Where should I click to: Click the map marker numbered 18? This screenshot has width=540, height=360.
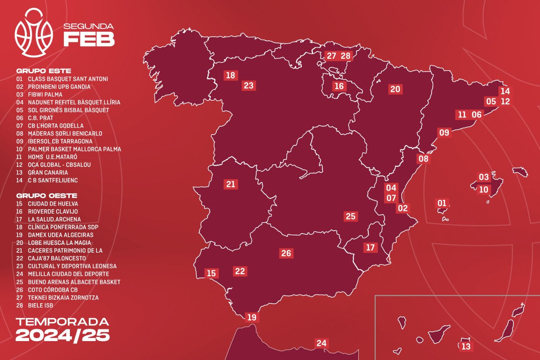click(231, 75)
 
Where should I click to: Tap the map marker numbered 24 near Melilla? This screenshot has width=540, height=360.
click(321, 343)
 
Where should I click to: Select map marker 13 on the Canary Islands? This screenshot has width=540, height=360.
click(466, 346)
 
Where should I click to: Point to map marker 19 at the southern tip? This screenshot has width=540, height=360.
click(252, 317)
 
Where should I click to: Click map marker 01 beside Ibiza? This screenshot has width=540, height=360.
click(442, 203)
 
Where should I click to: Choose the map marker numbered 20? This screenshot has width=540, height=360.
click(395, 89)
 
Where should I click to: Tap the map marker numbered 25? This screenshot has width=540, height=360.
click(351, 216)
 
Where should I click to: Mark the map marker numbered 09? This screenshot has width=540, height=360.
click(444, 132)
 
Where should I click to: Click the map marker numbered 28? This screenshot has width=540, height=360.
click(346, 56)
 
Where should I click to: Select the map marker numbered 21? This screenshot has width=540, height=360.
click(231, 184)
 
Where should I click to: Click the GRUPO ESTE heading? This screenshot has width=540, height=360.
click(44, 71)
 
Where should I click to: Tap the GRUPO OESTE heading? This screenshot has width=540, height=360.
click(47, 196)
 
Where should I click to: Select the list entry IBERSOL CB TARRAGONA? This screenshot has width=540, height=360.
click(60, 141)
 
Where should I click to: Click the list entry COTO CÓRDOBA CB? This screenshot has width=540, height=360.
click(53, 290)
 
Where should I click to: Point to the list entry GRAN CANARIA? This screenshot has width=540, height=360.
click(48, 172)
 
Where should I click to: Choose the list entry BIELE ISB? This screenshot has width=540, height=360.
click(40, 305)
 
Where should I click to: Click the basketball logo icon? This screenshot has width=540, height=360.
click(34, 33)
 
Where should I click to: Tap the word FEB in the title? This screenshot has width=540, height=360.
click(89, 39)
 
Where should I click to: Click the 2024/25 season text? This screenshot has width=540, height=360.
click(62, 335)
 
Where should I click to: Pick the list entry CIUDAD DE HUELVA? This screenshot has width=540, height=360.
click(53, 204)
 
